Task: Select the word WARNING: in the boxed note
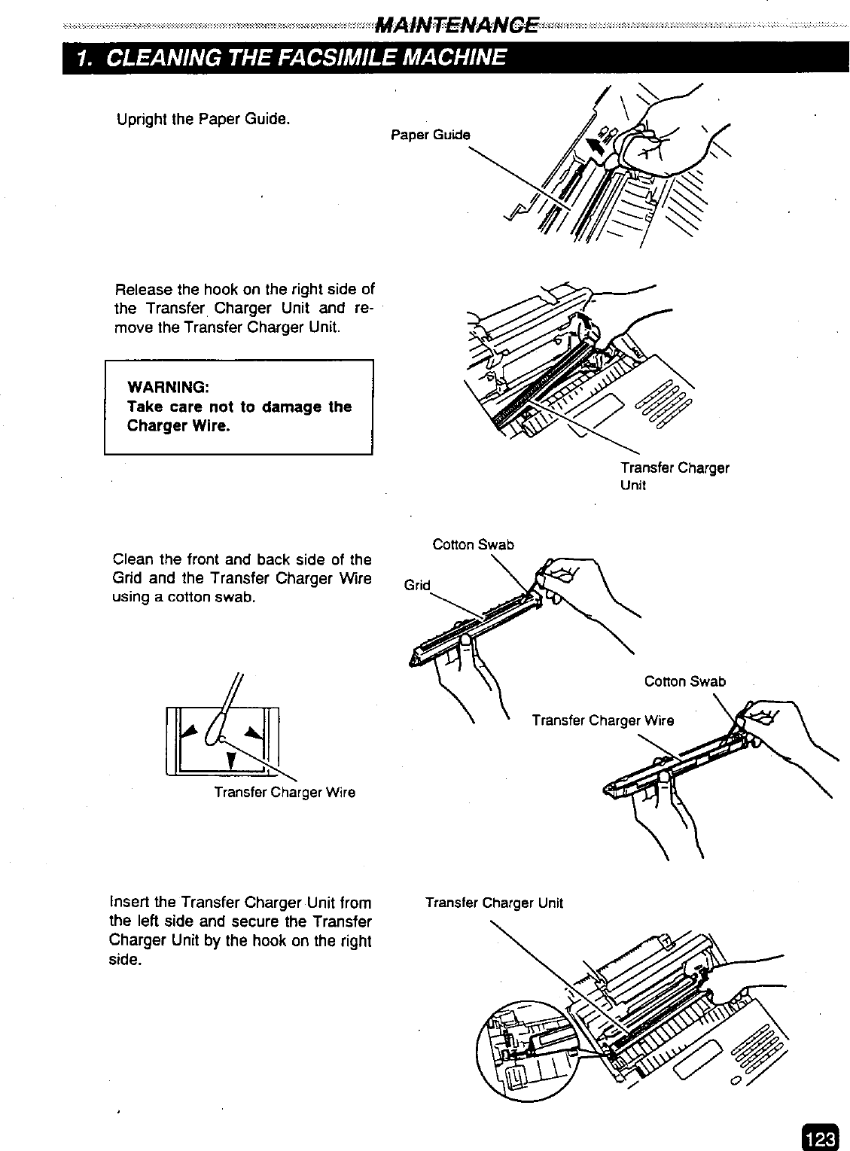pyautogui.click(x=168, y=387)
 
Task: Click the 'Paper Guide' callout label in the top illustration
pyautogui.click(x=430, y=135)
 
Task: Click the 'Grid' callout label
pyautogui.click(x=417, y=585)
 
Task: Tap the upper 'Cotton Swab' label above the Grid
pyautogui.click(x=473, y=544)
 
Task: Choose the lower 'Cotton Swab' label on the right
pyautogui.click(x=684, y=681)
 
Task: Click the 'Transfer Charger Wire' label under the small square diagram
pyautogui.click(x=284, y=792)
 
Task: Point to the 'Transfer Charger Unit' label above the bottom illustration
pyautogui.click(x=493, y=903)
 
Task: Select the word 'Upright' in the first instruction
pyautogui.click(x=141, y=119)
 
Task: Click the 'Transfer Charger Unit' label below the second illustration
pyautogui.click(x=674, y=476)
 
